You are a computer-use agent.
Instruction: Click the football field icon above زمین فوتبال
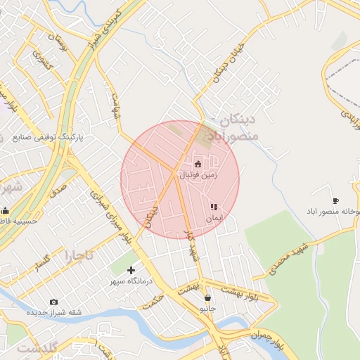click(197, 164)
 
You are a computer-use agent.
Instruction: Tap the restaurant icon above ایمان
click(214, 207)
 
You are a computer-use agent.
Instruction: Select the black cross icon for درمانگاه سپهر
click(131, 270)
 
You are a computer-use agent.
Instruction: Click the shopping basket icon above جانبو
click(207, 298)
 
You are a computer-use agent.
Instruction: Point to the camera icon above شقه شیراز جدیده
click(54, 302)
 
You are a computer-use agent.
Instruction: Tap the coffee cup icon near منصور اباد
click(335, 200)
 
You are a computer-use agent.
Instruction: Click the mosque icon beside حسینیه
click(6, 210)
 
